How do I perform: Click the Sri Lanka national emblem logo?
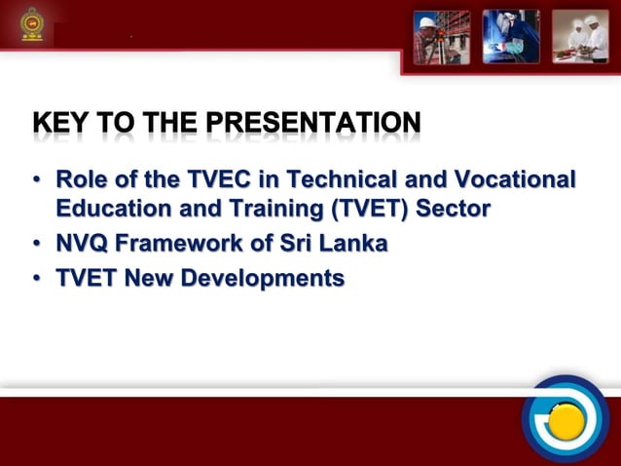[x=32, y=25]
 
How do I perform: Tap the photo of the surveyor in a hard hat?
[x=441, y=36]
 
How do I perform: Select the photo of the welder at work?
[x=511, y=36]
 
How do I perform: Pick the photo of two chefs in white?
[x=580, y=36]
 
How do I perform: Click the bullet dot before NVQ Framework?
[x=36, y=245]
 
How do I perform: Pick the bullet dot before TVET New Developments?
[x=36, y=280]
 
